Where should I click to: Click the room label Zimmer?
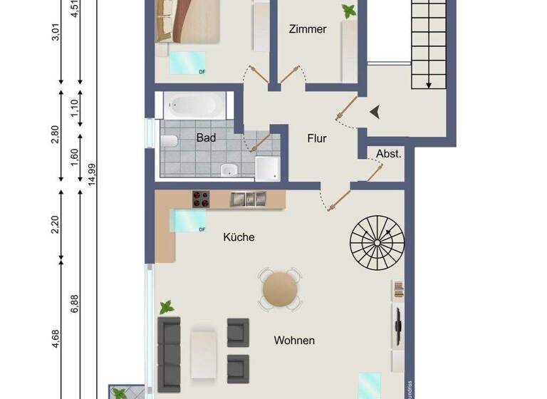pyautogui.click(x=308, y=29)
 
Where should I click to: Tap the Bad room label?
pyautogui.click(x=206, y=138)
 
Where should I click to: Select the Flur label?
pyautogui.click(x=317, y=138)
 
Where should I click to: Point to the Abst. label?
pyautogui.click(x=389, y=153)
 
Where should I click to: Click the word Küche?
pyautogui.click(x=239, y=237)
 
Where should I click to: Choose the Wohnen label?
pyautogui.click(x=294, y=341)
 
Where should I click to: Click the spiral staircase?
pyautogui.click(x=376, y=244)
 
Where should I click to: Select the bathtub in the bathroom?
pyautogui.click(x=193, y=108)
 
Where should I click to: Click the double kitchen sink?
pyautogui.click(x=247, y=199)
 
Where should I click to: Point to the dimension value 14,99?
pyautogui.click(x=92, y=172)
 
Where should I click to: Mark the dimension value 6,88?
pyautogui.click(x=75, y=304)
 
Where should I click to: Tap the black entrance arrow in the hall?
pyautogui.click(x=376, y=111)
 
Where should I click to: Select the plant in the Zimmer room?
pyautogui.click(x=349, y=11)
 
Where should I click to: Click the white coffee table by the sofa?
pyautogui.click(x=204, y=353)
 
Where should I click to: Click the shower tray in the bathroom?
pyautogui.click(x=266, y=168)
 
